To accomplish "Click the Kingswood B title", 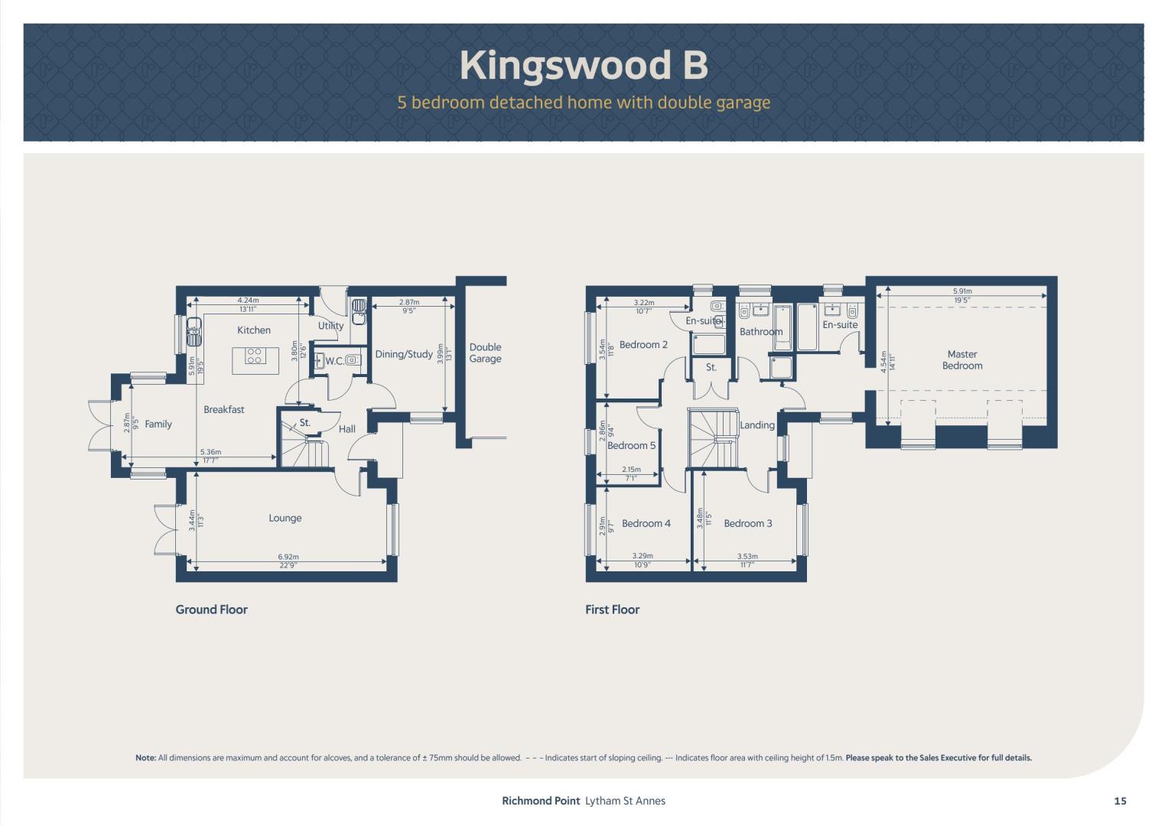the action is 584,65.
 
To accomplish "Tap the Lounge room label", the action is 285,518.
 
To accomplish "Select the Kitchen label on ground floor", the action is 254,330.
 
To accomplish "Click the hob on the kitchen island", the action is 255,356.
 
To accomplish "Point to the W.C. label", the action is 335,361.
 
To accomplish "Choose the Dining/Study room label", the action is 404,355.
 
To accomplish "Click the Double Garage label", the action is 485,353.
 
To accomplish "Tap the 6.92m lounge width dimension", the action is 288,557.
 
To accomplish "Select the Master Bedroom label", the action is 962,359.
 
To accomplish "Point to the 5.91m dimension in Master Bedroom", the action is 962,291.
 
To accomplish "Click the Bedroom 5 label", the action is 632,445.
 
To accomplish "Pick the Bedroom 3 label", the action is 748,524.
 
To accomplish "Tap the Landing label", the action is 757,425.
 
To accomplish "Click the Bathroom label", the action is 761,332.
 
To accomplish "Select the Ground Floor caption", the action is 211,610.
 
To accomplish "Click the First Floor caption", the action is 612,610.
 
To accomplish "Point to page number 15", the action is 1120,801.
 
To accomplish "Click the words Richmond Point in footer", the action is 541,801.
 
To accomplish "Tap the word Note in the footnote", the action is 145,758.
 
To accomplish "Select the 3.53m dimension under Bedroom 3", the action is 748,557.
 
